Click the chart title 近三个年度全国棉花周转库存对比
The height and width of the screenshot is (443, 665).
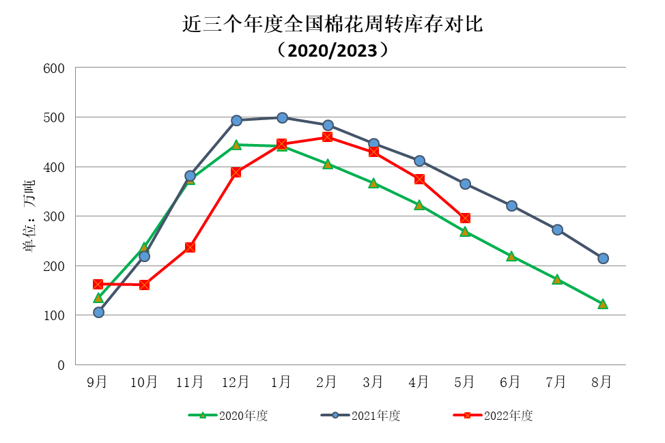click(332, 25)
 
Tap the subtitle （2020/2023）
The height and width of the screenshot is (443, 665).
click(332, 50)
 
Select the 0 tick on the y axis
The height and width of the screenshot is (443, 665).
click(61, 365)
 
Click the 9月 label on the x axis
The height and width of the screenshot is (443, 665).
click(97, 382)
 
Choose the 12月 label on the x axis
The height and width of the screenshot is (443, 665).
click(236, 382)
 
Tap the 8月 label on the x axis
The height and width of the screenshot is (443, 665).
click(602, 382)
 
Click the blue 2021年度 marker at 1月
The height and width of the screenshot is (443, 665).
click(282, 117)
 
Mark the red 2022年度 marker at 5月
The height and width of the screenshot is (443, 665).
click(465, 218)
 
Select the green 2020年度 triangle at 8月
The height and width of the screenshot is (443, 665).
click(603, 304)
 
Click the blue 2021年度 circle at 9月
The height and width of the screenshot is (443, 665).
click(98, 312)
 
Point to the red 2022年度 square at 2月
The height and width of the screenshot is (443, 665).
click(327, 137)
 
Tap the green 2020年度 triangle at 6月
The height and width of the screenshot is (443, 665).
click(511, 256)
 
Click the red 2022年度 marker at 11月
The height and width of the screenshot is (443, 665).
click(190, 247)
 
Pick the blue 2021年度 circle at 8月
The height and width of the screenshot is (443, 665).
click(603, 258)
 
